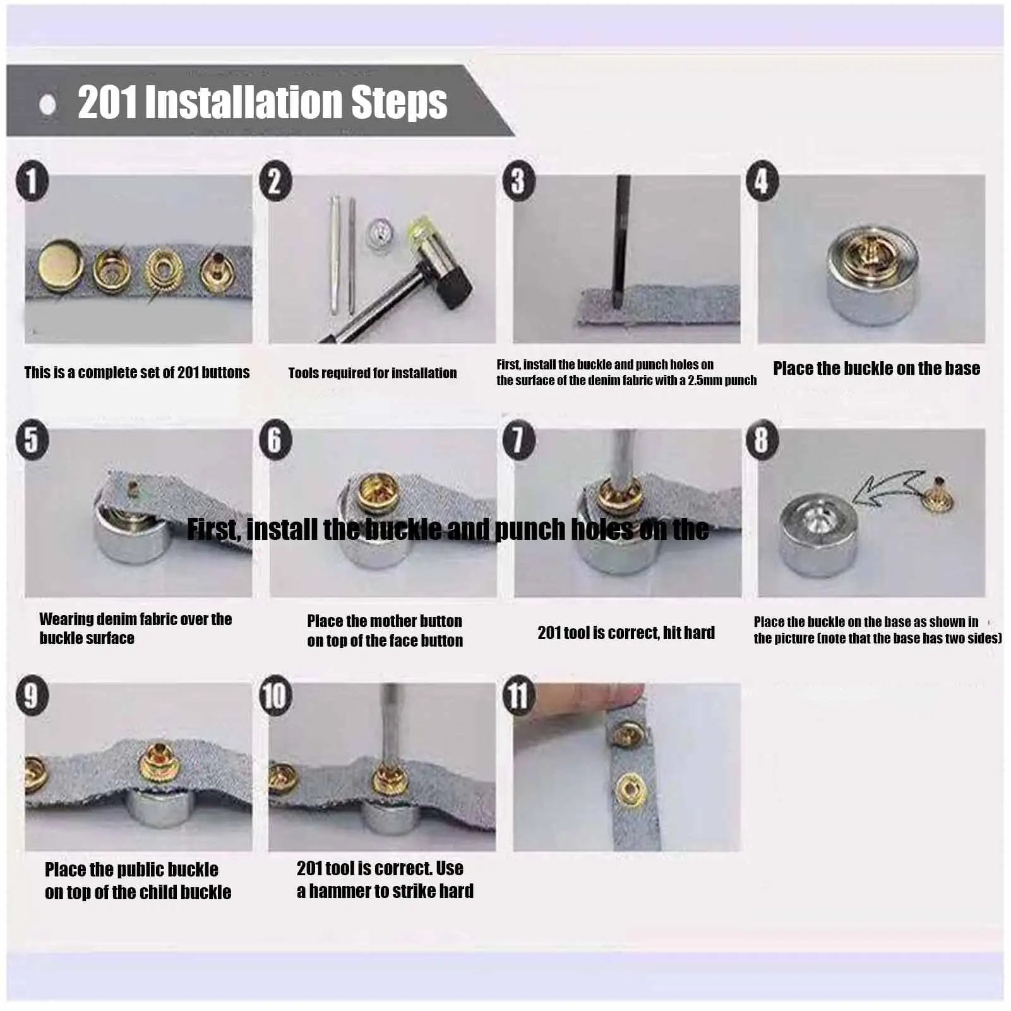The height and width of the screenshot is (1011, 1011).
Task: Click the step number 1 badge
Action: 32,181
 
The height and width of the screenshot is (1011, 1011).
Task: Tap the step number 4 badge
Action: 762,181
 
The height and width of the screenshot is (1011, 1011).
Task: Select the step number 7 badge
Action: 519,440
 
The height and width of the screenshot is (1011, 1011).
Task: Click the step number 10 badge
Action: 276,696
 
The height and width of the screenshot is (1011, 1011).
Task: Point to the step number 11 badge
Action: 519,696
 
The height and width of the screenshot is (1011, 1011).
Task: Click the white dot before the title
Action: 47,104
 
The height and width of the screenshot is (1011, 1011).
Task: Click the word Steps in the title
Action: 399,102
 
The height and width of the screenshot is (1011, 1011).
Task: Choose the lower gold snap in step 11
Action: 630,790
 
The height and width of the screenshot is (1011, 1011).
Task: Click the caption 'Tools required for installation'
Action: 373,373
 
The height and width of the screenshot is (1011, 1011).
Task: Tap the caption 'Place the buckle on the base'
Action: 876,368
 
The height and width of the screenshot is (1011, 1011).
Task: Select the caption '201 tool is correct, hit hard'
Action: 626,633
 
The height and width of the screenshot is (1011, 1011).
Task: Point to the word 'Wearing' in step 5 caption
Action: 66,620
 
